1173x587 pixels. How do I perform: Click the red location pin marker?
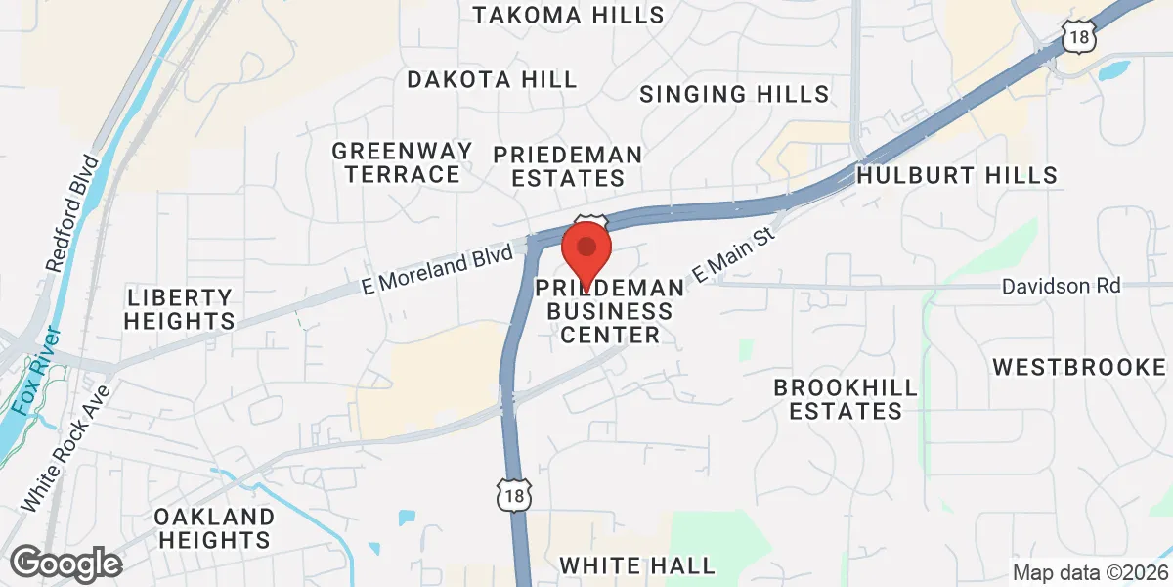pos(586,250)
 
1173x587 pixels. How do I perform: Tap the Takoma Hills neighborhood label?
pos(568,15)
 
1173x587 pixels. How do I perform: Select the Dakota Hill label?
pos(493,80)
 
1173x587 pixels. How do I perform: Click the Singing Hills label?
pos(734,94)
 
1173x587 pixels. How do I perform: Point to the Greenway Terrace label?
pos(402,162)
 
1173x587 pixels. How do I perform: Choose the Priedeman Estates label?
pos(568,166)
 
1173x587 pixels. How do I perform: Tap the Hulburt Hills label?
pos(956,176)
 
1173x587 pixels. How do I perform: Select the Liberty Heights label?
pos(181,308)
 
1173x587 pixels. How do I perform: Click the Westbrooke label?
pos(1079,367)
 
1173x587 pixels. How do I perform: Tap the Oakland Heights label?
pos(214,527)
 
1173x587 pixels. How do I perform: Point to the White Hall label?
pos(637,565)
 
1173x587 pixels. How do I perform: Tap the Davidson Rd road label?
pos(1061,287)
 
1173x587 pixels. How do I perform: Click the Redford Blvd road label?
pos(73,213)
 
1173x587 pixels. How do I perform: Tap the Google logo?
pos(65,564)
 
